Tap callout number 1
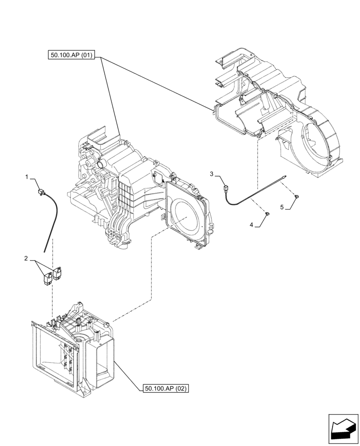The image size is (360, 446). click(x=27, y=177)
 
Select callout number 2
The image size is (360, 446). click(x=26, y=258)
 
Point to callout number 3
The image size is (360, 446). click(x=212, y=173)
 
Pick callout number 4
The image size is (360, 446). click(x=251, y=225)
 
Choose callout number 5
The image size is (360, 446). click(x=282, y=207)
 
